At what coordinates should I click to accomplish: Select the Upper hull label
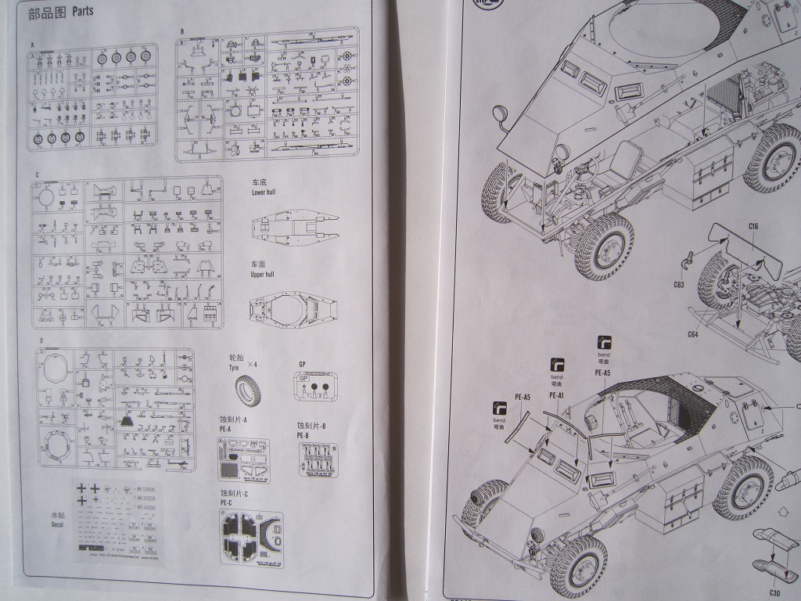264,275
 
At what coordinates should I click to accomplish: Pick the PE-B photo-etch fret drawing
318,460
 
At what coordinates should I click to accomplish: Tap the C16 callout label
753,227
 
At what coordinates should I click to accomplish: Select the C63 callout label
677,284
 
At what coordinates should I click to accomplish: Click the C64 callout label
693,334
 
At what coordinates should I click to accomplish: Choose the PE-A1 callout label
557,396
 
